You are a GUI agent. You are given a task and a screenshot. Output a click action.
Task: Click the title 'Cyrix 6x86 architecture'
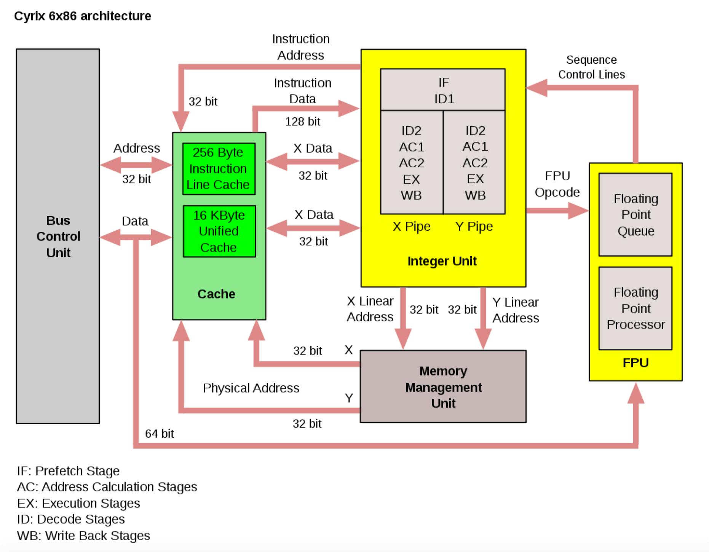[83, 16]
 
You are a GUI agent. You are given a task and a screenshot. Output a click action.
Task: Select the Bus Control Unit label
[58, 236]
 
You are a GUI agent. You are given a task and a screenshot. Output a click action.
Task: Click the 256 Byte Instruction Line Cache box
[219, 168]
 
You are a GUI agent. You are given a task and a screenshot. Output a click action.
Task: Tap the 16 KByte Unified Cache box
[219, 231]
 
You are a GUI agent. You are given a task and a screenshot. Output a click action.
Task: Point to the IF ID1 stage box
[443, 90]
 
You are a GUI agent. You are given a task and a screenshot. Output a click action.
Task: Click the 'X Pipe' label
[412, 226]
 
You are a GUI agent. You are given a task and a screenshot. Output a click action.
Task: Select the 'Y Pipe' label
[474, 226]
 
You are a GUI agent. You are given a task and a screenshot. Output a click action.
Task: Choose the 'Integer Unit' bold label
[442, 261]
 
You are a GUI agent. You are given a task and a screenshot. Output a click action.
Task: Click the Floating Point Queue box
[636, 215]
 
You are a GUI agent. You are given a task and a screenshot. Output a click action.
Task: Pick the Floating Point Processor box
[636, 308]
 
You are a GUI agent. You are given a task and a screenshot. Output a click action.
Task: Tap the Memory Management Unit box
[443, 386]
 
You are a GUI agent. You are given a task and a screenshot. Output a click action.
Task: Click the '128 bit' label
[303, 122]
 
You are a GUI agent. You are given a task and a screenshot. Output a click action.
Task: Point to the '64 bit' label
[160, 433]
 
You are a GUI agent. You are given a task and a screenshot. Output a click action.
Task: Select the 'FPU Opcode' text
[557, 184]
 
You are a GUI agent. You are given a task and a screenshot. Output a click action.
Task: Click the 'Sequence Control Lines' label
[591, 67]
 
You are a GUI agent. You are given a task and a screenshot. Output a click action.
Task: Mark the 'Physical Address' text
[251, 388]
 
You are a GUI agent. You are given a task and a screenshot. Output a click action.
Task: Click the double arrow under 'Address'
[136, 165]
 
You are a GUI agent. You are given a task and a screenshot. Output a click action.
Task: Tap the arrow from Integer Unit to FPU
[557, 210]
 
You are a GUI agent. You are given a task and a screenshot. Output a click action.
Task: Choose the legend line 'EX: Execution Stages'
[78, 503]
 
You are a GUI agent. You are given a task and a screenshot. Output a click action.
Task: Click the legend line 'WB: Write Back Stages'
[83, 536]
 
